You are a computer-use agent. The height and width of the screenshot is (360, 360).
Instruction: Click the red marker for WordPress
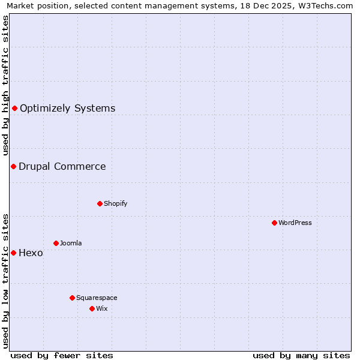pyautogui.click(x=274, y=223)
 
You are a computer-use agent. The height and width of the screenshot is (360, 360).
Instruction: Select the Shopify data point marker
pyautogui.click(x=100, y=203)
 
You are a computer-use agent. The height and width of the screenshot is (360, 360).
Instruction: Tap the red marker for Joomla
pyautogui.click(x=56, y=243)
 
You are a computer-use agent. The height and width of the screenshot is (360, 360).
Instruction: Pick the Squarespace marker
pyautogui.click(x=72, y=298)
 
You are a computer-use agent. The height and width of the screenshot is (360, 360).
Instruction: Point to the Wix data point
pyautogui.click(x=92, y=308)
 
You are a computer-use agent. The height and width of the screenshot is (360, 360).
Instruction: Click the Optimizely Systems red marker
pyautogui.click(x=15, y=108)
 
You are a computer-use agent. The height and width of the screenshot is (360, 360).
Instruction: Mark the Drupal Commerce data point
pyautogui.click(x=13, y=166)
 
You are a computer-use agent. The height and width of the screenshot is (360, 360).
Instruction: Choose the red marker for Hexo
pyautogui.click(x=13, y=253)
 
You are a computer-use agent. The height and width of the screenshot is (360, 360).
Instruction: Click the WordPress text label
pyautogui.click(x=295, y=223)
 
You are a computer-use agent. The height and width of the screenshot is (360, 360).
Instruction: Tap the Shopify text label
pyautogui.click(x=116, y=203)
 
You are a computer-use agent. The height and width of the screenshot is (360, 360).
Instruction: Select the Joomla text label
pyautogui.click(x=71, y=243)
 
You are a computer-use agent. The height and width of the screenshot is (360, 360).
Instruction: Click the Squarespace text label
pyautogui.click(x=97, y=298)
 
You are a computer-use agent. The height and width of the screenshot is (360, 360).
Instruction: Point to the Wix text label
pyautogui.click(x=101, y=308)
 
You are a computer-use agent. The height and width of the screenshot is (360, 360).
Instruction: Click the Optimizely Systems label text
pyautogui.click(x=67, y=109)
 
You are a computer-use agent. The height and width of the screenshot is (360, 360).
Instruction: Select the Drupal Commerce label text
pyautogui.click(x=62, y=167)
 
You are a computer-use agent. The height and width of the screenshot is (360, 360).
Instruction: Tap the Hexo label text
pyautogui.click(x=31, y=253)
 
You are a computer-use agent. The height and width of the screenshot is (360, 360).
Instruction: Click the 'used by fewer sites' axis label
pyautogui.click(x=62, y=355)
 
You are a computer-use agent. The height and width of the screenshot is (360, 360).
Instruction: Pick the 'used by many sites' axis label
pyautogui.click(x=301, y=355)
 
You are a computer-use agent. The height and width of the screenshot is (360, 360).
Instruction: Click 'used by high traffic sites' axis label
pyautogui.click(x=5, y=86)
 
